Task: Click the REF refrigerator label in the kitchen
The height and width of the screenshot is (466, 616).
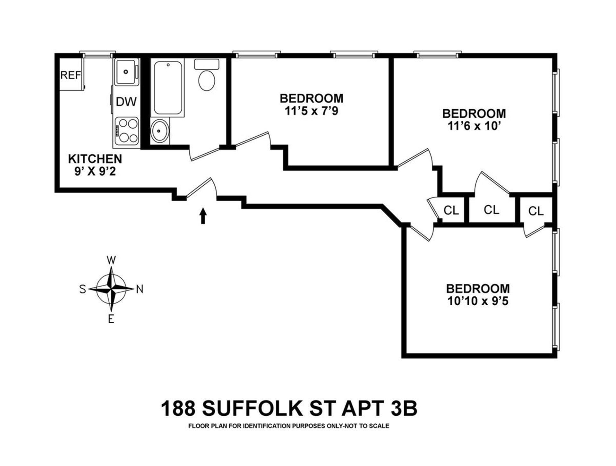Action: pos(71,75)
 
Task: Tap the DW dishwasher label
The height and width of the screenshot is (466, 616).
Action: pos(126,102)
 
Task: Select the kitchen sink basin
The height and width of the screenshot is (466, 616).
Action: pos(126,72)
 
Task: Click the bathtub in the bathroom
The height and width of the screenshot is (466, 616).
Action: pos(168,88)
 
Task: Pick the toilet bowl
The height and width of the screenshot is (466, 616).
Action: pos(207,80)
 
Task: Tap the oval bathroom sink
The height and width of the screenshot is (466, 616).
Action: pos(159,131)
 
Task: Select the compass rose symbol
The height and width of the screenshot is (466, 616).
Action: pos(111,289)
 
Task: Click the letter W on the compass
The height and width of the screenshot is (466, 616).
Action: pos(111,260)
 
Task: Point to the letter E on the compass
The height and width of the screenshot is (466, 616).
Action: pos(111,319)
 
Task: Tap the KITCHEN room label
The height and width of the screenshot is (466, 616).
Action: pos(95,159)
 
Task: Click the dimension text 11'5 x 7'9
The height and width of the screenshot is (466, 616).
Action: pos(311,111)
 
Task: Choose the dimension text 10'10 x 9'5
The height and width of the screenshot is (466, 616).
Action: pos(478,301)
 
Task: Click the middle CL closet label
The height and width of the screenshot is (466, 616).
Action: pos(491,210)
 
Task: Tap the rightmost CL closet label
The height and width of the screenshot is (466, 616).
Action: pos(536,211)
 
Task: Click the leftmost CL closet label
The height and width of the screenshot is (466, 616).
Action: pos(451,210)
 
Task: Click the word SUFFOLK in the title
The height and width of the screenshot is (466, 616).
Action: pos(253,409)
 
